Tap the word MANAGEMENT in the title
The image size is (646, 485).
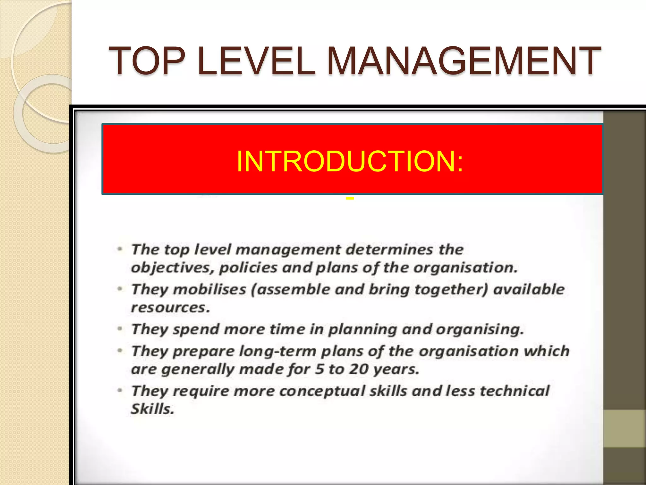click(x=464, y=61)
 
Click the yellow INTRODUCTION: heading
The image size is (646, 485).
click(x=349, y=161)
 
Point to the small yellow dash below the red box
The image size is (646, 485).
click(x=349, y=199)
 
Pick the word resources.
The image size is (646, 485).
click(x=170, y=308)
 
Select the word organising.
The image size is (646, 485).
click(x=479, y=329)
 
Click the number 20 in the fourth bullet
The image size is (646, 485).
click(x=359, y=369)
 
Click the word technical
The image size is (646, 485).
click(x=514, y=391)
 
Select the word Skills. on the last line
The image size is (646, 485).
click(x=153, y=409)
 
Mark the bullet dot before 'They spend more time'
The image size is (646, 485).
click(x=120, y=329)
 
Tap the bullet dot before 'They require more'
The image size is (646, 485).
click(x=120, y=391)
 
